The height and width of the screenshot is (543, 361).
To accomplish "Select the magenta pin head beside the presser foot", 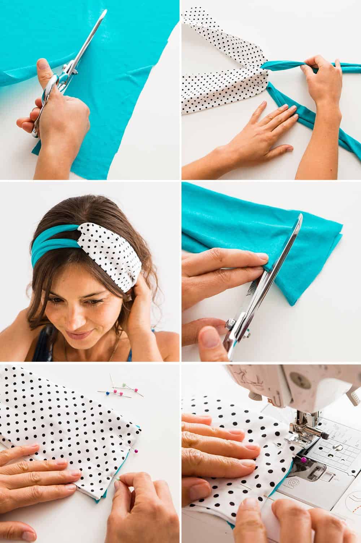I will [304, 459].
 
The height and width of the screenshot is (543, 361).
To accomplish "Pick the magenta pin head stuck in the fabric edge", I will [136, 451].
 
